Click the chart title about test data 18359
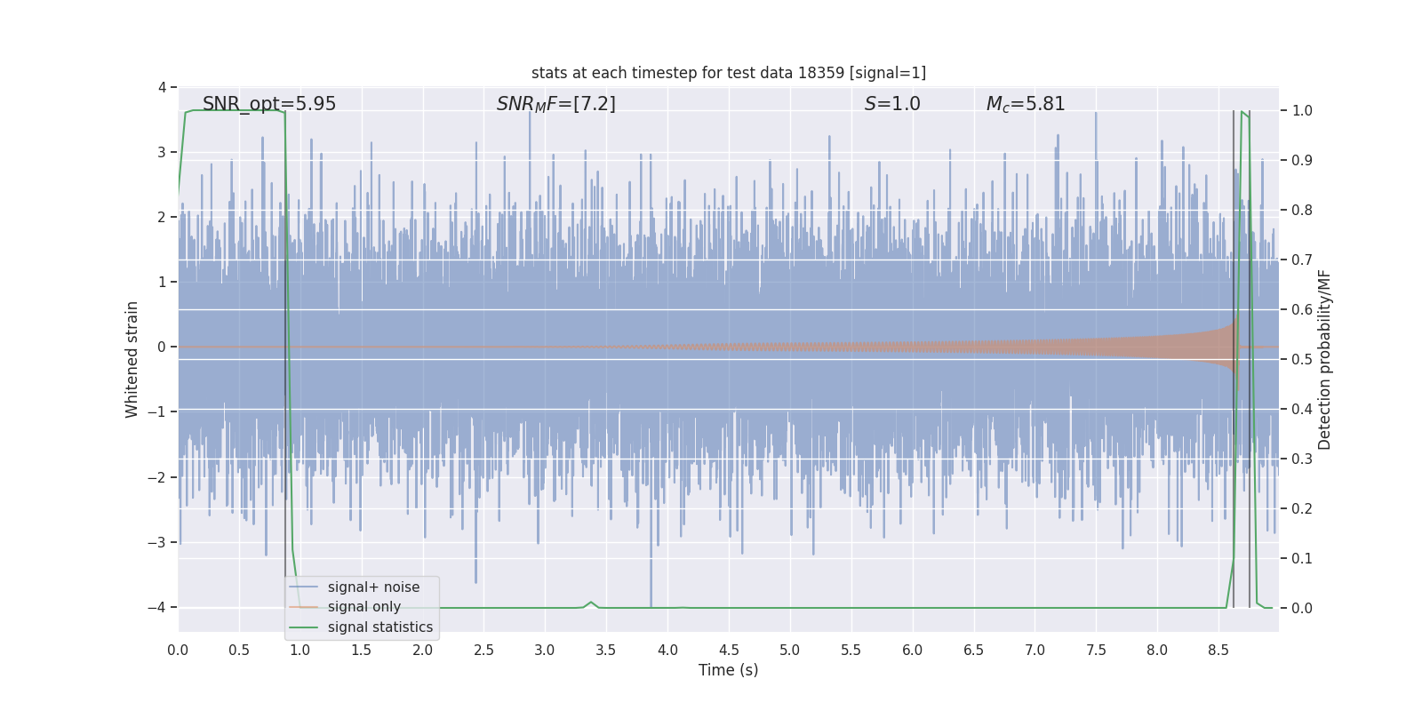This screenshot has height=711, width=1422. click(728, 73)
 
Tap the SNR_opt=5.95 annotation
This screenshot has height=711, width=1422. click(269, 104)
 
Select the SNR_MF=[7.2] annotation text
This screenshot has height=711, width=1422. click(555, 104)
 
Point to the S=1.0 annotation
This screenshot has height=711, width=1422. click(892, 104)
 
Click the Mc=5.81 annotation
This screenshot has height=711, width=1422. click(1025, 104)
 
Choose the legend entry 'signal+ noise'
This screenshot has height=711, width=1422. click(373, 587)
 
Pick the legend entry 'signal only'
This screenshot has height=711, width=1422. click(363, 607)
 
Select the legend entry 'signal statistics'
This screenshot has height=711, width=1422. click(379, 627)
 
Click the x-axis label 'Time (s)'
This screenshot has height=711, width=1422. click(728, 670)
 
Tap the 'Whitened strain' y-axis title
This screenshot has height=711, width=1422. click(132, 359)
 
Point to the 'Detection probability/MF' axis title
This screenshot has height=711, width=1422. click(1324, 359)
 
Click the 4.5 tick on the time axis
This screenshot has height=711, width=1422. click(729, 651)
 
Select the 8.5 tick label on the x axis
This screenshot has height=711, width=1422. click(1218, 651)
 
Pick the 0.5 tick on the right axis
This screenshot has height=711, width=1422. click(1302, 360)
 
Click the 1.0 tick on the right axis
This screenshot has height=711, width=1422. click(1302, 111)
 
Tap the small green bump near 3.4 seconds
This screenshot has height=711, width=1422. click(591, 603)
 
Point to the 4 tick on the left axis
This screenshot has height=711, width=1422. click(162, 87)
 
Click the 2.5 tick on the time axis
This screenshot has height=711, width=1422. click(483, 651)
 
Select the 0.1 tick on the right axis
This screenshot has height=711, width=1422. click(1302, 559)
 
